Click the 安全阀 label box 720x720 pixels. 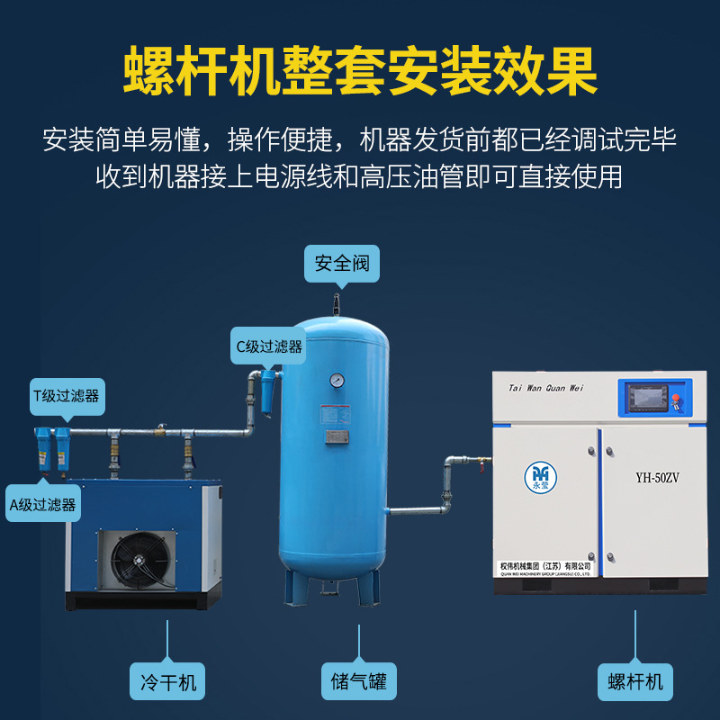click(x=341, y=265)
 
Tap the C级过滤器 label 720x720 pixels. click(x=269, y=346)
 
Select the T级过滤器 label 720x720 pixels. click(x=66, y=395)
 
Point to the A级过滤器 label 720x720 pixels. click(x=42, y=503)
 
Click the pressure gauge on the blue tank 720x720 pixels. click(x=337, y=380)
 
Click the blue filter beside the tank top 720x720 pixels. click(x=268, y=390)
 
